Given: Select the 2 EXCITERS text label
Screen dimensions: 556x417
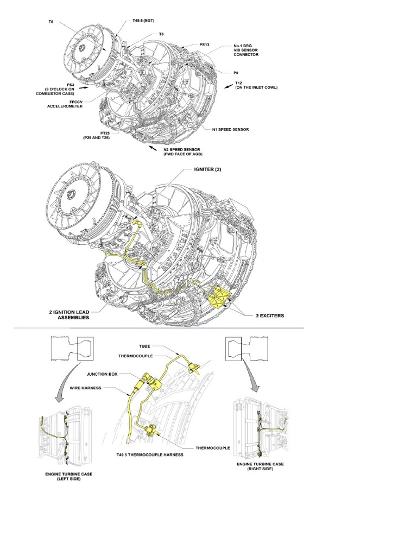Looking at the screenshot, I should click(263, 314).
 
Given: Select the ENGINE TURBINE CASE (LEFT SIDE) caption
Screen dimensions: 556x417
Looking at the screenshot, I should click(68, 477).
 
